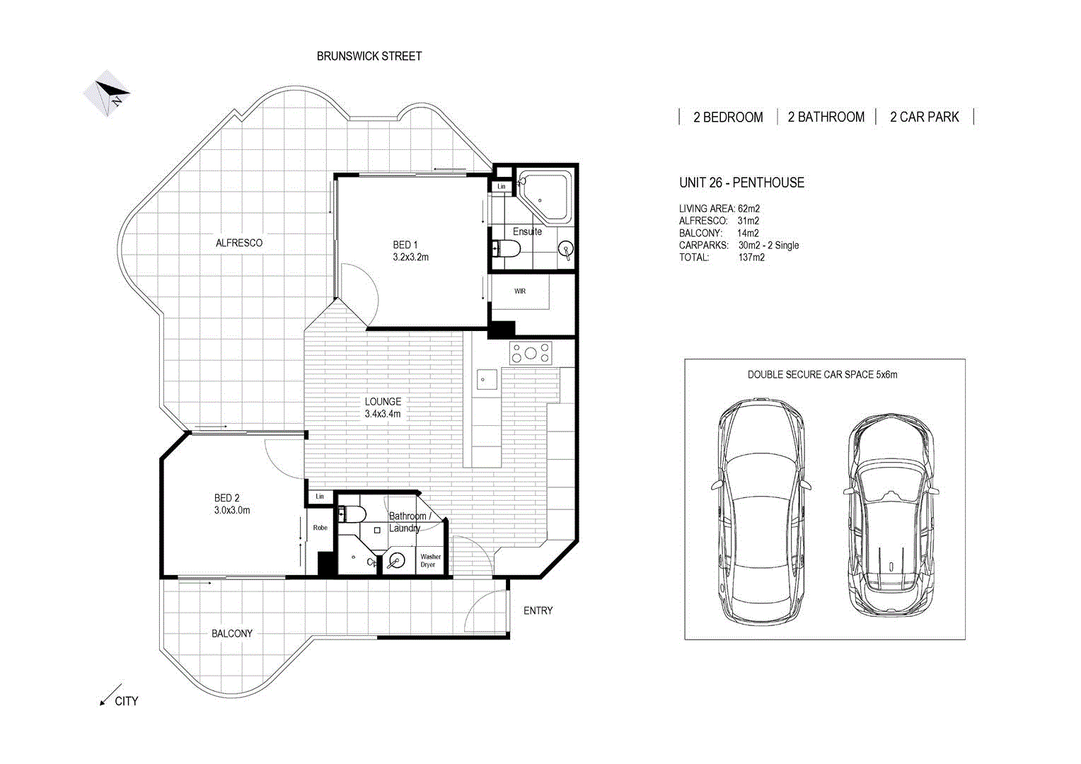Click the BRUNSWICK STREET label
(369, 56)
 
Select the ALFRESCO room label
(238, 243)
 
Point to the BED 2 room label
(226, 498)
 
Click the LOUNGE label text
(383, 401)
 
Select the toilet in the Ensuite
(507, 248)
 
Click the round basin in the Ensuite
(565, 249)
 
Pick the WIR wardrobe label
(520, 291)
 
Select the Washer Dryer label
(430, 560)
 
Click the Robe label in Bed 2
(320, 528)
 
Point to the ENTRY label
(538, 610)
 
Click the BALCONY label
(232, 633)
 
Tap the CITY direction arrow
(110, 695)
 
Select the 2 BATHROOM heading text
(826, 117)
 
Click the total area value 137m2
(751, 257)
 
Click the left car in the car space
(761, 509)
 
